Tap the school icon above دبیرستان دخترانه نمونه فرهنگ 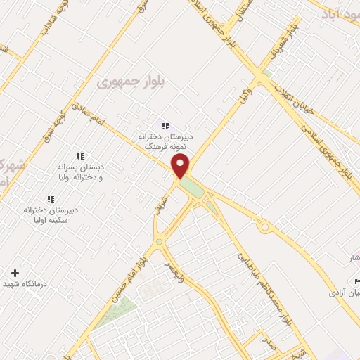coord(165,126)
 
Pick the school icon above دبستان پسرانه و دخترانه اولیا coord(79,156)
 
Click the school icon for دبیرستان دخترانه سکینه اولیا coord(50,199)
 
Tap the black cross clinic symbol coord(15,272)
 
